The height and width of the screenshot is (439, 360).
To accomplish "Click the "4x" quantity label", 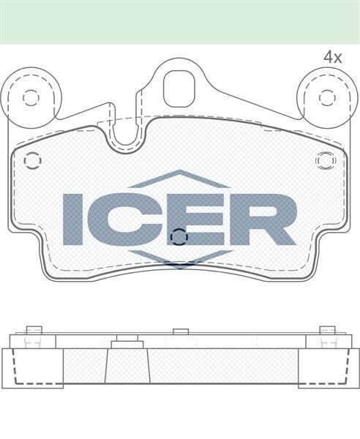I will [333, 56].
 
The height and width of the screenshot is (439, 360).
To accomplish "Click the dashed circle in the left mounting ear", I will [31, 97].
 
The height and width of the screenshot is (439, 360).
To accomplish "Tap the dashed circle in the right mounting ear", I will [326, 97].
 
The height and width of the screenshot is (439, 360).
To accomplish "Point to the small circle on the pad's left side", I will [32, 160].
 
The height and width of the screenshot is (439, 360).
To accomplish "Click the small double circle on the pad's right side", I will [324, 160].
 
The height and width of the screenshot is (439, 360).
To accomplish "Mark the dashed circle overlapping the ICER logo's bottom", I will [179, 236].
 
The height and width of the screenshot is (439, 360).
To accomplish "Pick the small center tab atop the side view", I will [181, 332].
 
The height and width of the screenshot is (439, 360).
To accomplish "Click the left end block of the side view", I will [32, 367].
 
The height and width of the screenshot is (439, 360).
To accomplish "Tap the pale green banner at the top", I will [180, 21].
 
